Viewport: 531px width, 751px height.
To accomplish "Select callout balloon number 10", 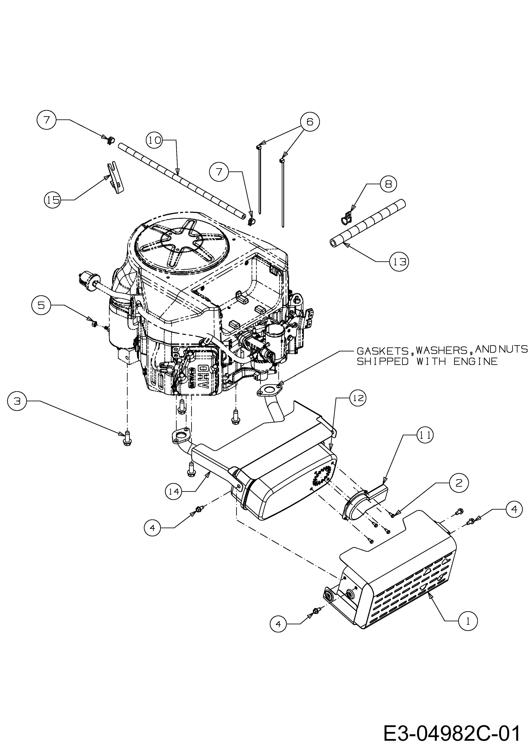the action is [x=154, y=140].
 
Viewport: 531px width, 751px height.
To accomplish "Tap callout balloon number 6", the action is [x=310, y=122].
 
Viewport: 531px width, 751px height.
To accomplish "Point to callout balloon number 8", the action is [x=388, y=184].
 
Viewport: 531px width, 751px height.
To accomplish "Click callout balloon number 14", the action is [x=174, y=500].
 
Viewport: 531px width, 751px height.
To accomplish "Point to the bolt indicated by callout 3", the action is [x=127, y=438].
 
